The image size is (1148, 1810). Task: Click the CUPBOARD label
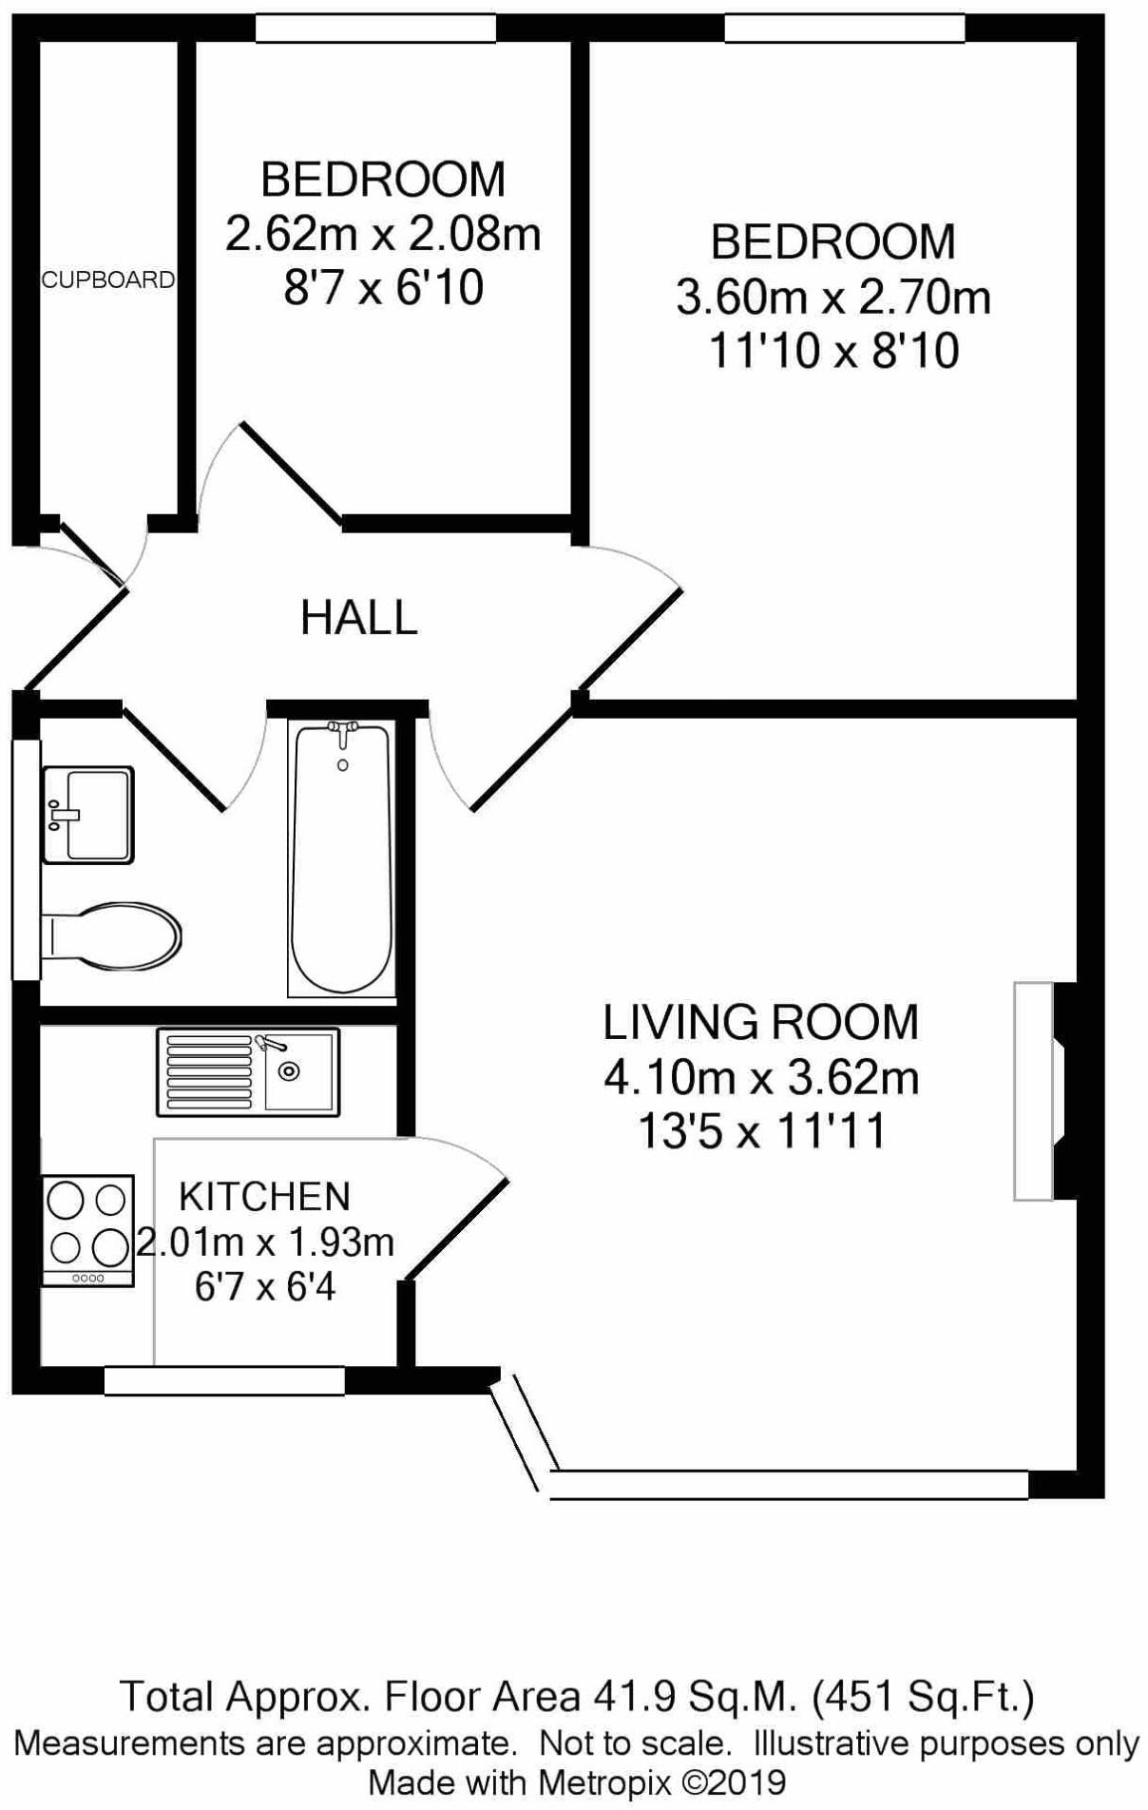[x=107, y=279]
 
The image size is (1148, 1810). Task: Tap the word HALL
[x=359, y=618]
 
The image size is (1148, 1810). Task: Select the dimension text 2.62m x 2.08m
[x=383, y=234]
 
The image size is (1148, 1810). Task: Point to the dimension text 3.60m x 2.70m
[x=833, y=298]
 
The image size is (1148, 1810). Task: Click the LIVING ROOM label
[x=761, y=1023]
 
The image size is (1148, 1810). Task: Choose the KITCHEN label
[x=265, y=1196]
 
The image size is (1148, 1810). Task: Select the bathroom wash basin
[x=88, y=815]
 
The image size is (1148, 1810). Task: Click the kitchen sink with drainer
[x=248, y=1072]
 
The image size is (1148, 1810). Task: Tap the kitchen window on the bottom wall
[x=224, y=1380]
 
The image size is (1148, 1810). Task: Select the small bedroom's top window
[x=375, y=29]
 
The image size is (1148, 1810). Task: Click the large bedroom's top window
[x=844, y=29]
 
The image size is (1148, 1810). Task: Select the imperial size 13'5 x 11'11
[x=761, y=1132]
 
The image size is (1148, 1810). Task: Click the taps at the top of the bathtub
[x=342, y=730]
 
